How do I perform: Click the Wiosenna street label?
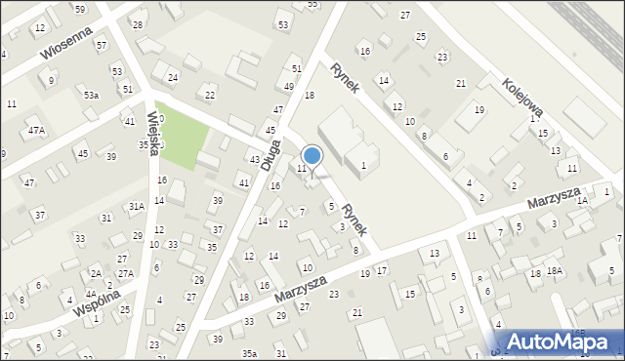tap(72, 40)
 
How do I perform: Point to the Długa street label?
tap(271, 156)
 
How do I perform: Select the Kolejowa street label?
tap(523, 98)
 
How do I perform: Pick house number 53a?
tap(91, 95)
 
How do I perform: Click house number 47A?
tap(36, 130)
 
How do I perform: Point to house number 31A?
tap(136, 206)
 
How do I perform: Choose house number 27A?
tap(126, 273)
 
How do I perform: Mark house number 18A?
tap(554, 270)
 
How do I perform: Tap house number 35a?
tap(249, 353)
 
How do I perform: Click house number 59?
tap(80, 9)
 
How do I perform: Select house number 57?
tap(102, 44)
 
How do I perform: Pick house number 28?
tap(138, 24)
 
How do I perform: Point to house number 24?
tap(173, 76)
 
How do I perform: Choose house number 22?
tap(210, 94)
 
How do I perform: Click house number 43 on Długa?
tap(254, 159)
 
